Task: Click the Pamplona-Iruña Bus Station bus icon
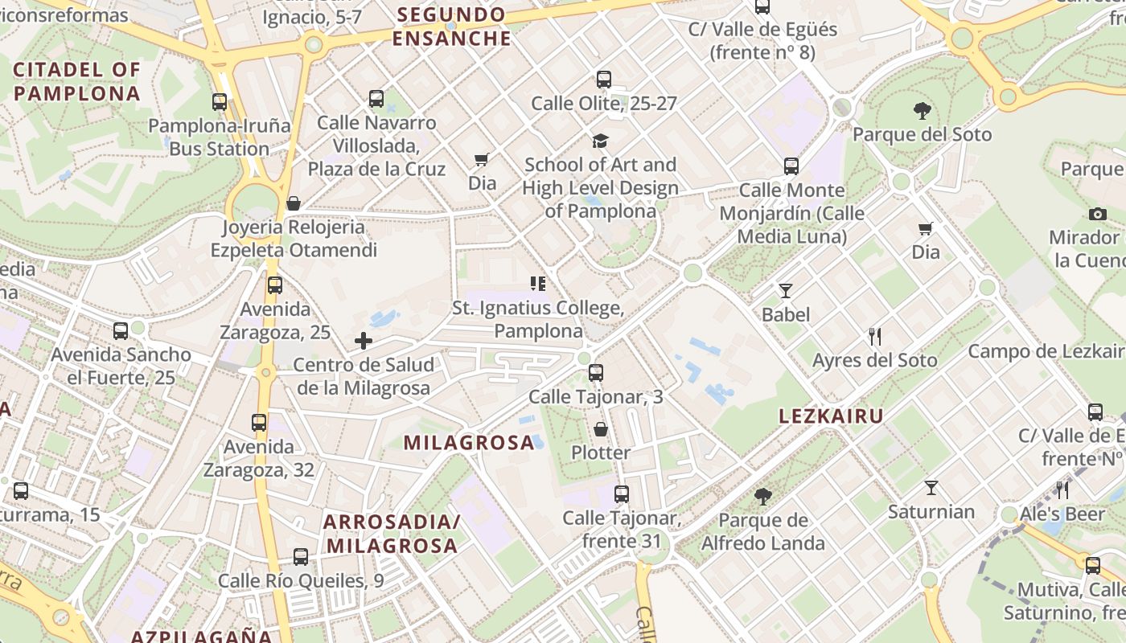pos(220,102)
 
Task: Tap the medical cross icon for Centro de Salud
pos(364,341)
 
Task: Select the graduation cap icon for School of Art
pos(600,141)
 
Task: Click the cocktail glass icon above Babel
pos(786,291)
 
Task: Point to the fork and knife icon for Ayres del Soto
pos(875,336)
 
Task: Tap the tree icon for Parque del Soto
pos(923,111)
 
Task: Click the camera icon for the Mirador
pos(1097,214)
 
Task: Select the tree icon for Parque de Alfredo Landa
pos(762,497)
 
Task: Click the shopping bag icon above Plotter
pos(601,429)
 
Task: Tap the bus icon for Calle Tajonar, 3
pos(596,373)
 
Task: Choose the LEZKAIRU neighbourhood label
pos(832,416)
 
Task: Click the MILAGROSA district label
pos(469,443)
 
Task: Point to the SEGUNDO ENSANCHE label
pos(451,27)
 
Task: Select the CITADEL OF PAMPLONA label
pos(77,81)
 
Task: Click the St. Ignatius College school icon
pos(538,283)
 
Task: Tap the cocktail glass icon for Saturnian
pos(931,488)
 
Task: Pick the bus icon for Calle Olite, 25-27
pos(604,80)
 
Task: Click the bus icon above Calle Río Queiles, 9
pos(301,556)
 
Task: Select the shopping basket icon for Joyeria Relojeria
pos(294,203)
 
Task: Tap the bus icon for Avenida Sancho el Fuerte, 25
pos(121,330)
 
